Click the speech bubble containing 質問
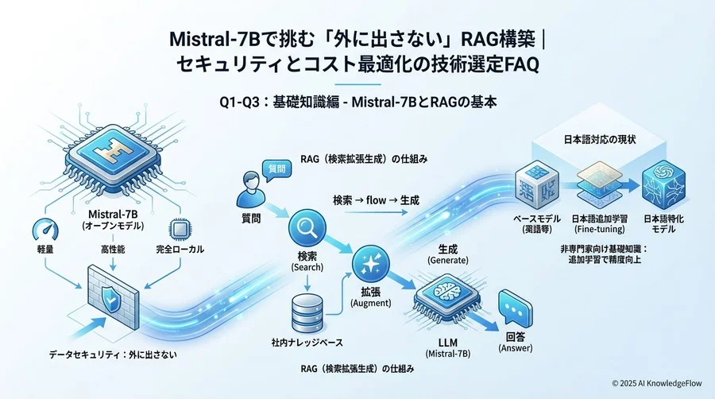pyautogui.click(x=276, y=169)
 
